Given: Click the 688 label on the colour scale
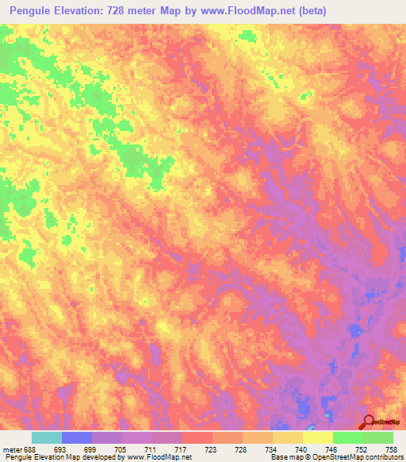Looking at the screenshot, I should [x=29, y=449].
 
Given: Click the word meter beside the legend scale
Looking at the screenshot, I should [x=11, y=449].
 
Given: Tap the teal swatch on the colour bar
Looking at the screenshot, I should [x=47, y=437].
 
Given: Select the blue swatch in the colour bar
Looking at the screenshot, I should [x=77, y=437].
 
